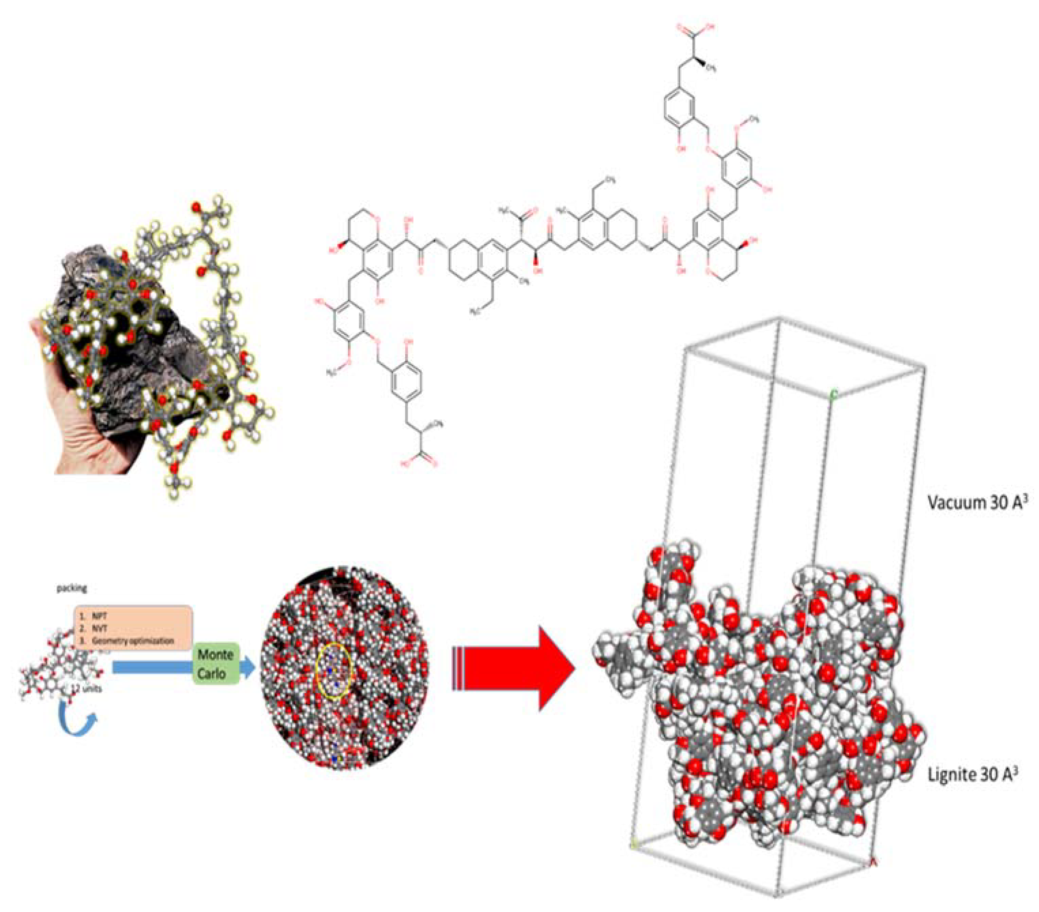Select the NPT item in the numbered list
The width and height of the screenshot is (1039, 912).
click(x=97, y=616)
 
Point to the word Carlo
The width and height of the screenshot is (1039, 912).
click(x=212, y=674)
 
